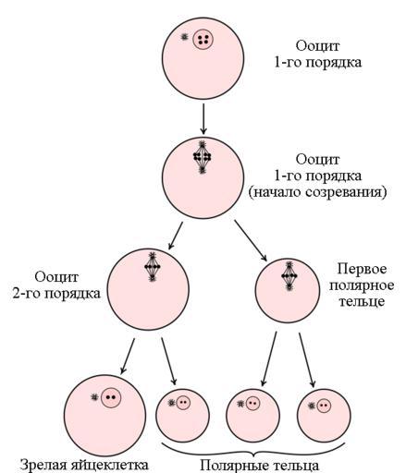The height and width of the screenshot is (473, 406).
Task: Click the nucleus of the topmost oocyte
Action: pos(203,39)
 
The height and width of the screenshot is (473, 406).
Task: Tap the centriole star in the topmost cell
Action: pos(184,37)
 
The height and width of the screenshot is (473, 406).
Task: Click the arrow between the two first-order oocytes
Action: pos(203,119)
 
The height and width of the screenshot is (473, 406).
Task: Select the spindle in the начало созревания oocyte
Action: pos(202,157)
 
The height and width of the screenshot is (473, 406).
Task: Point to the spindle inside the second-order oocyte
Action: pos(153,267)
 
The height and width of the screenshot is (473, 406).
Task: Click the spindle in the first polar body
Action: pos(289,276)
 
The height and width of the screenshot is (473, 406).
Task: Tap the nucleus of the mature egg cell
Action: pos(111,397)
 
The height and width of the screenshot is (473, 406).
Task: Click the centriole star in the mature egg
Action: pos(94,397)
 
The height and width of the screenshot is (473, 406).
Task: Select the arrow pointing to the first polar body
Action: pos(251,240)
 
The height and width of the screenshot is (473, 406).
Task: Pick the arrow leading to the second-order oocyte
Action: pos(176,236)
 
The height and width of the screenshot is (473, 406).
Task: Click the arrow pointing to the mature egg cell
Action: pos(128,356)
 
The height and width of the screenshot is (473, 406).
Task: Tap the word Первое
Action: pos(362,269)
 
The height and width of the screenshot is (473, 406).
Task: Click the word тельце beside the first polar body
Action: pos(362,301)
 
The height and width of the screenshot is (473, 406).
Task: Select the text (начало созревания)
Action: pos(317,192)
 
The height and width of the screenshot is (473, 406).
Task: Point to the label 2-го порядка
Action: pos(56,293)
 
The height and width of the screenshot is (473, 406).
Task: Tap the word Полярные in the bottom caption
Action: pos(232,465)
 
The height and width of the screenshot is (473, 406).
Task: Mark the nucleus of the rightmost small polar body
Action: pos(324,406)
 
